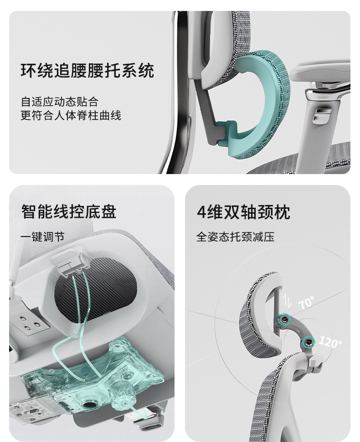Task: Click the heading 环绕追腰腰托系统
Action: pos(87,71)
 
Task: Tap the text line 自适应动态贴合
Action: pos(60,102)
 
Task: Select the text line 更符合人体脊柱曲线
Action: pos(71,115)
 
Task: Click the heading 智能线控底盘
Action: pos(68,212)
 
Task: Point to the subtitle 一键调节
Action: pos(42,237)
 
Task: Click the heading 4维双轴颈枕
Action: pos(243,212)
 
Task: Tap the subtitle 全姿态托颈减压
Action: pos(236,237)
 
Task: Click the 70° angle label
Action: pos(306,302)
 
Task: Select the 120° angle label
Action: pos(330,342)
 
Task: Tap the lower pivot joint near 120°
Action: pos(308,343)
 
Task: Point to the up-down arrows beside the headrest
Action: pos(287,300)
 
